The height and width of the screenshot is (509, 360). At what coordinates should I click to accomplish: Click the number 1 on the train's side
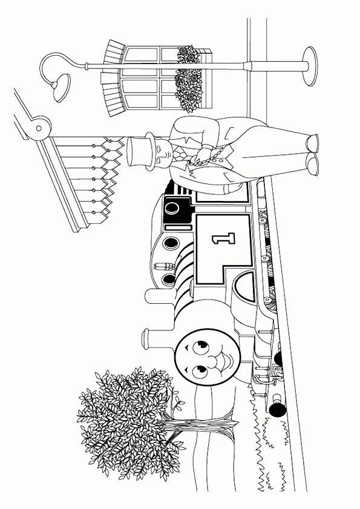coord(224,238)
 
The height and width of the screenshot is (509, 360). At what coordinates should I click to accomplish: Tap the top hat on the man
coord(140,151)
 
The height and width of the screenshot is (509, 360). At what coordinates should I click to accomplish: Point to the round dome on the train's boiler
coord(155,297)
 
